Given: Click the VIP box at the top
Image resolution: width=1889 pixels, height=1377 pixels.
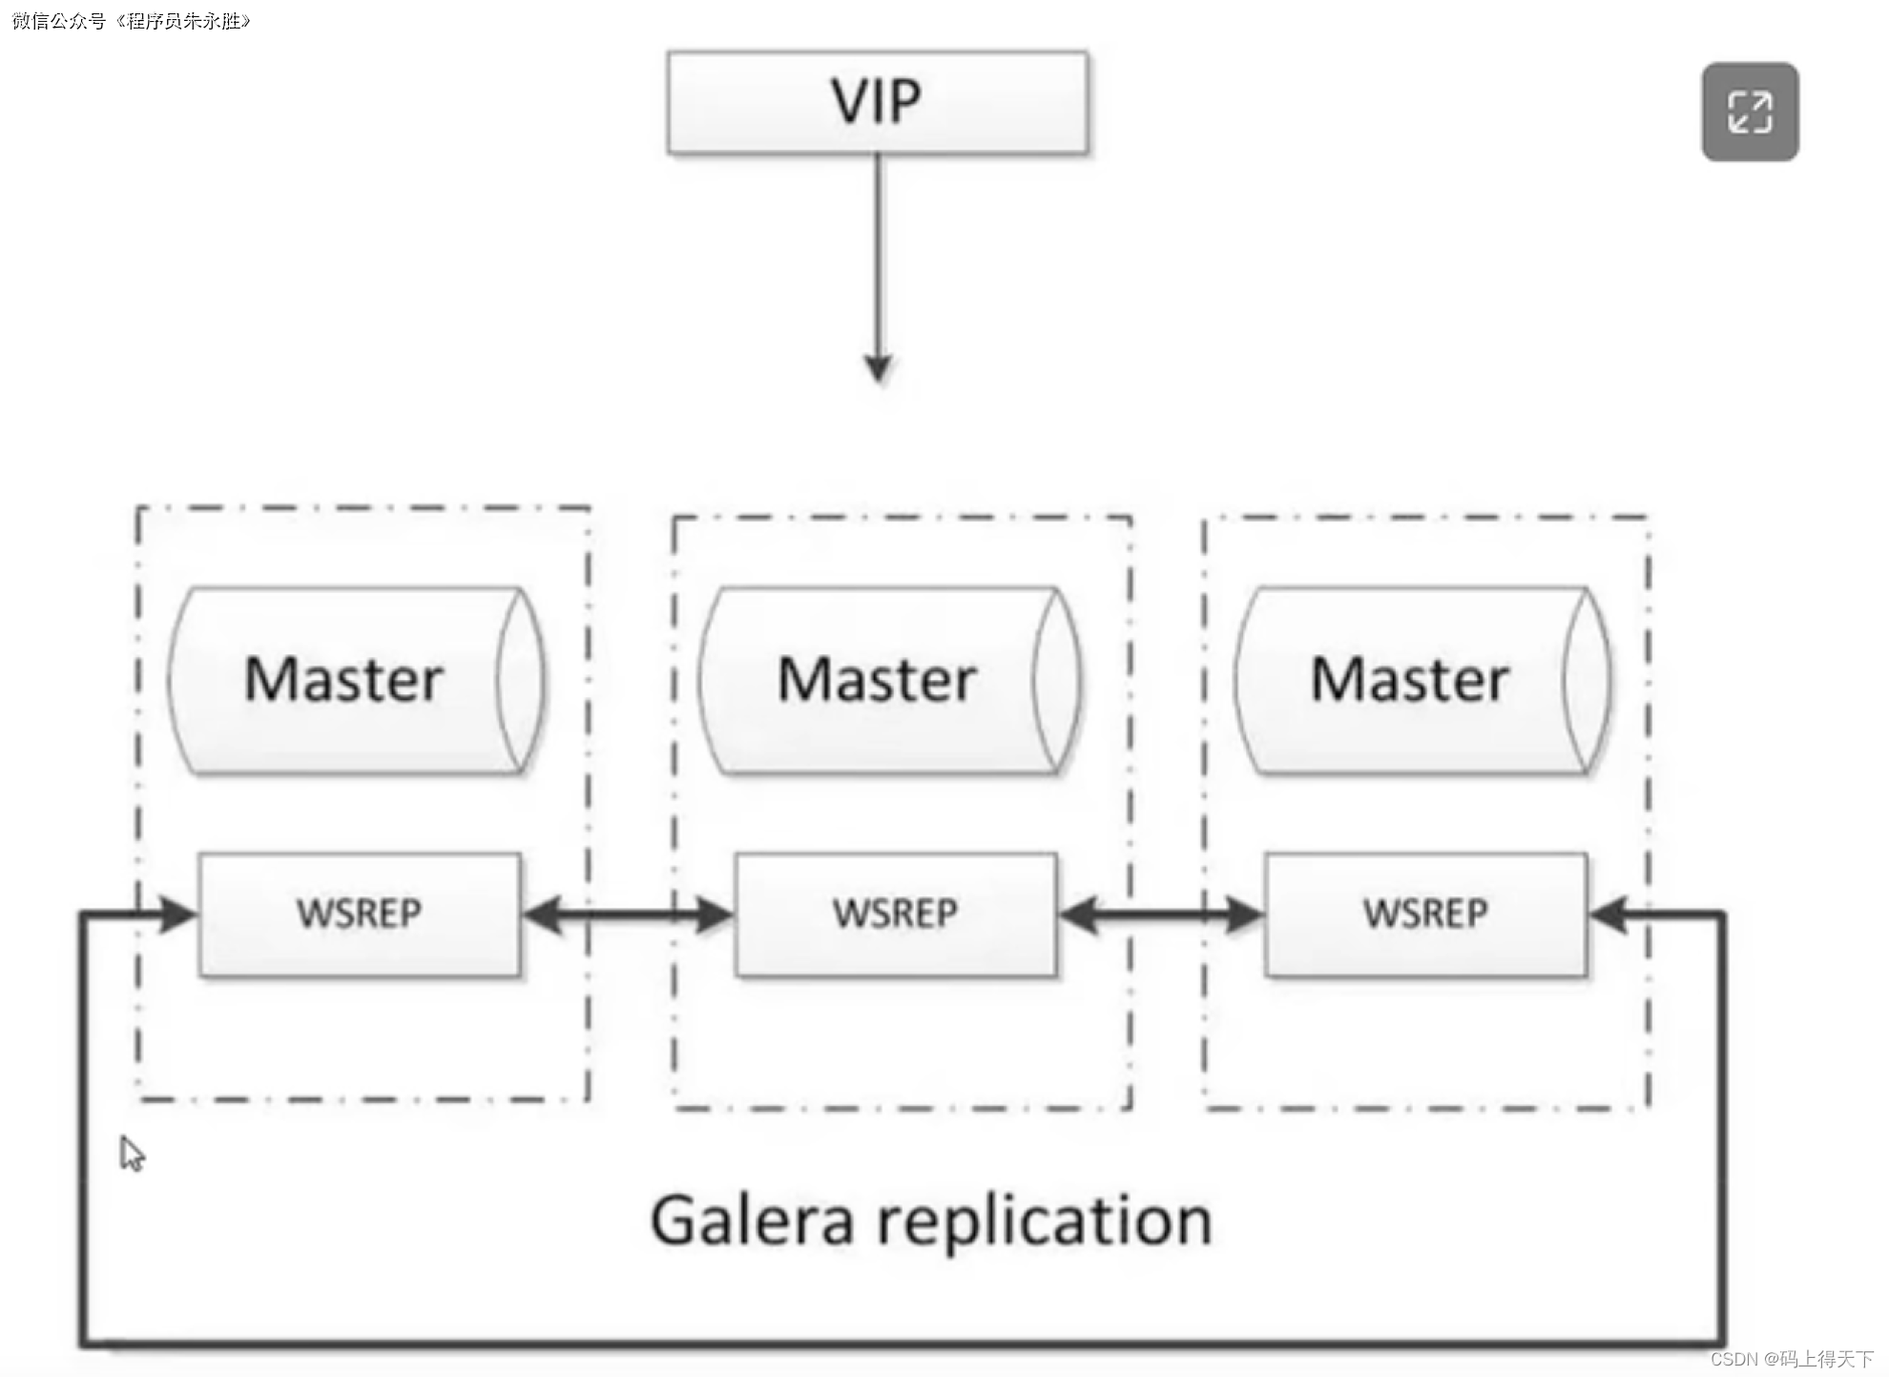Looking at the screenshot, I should tap(877, 102).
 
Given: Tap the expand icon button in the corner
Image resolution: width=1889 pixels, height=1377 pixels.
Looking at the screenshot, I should tap(1750, 112).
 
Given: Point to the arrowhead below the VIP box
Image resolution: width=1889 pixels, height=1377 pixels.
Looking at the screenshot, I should tap(878, 367).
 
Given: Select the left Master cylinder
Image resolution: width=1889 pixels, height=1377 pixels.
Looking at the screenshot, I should tap(355, 679).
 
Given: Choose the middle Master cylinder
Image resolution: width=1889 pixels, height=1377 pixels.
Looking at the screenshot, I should tap(888, 679).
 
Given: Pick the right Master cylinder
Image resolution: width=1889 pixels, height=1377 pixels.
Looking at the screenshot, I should tap(1422, 679).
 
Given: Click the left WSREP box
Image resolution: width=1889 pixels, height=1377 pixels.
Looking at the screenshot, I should tap(360, 914).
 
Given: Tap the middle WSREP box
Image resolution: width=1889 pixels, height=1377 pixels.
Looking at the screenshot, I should tap(895, 914).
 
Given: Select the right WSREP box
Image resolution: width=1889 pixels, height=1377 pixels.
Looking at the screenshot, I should tap(1425, 914).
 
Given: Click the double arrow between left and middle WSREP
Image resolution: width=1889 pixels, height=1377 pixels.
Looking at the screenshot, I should tap(628, 915).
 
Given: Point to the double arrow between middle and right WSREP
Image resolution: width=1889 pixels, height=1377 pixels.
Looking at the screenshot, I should tap(1161, 915).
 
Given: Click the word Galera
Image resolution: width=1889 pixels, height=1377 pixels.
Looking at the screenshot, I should tap(752, 1221).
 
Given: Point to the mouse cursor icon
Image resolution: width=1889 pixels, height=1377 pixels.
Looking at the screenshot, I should tap(132, 1153).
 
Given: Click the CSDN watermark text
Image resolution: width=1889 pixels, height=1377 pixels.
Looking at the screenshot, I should tap(1791, 1359).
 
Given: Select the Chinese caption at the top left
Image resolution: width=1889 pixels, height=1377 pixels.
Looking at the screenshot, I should tap(131, 21).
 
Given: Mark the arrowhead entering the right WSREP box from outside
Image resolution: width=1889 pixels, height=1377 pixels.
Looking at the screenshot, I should tap(1609, 915).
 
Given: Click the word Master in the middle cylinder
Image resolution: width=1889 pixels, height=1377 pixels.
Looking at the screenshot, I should tap(877, 679).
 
